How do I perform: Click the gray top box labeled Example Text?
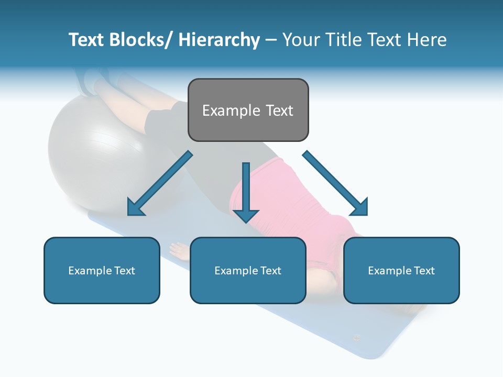248,110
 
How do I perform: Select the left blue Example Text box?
102,270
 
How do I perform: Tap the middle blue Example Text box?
248,270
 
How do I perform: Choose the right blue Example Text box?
401,270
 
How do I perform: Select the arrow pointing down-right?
335,183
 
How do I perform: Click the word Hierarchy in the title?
219,40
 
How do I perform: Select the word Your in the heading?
300,40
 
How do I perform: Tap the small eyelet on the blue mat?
356,338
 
